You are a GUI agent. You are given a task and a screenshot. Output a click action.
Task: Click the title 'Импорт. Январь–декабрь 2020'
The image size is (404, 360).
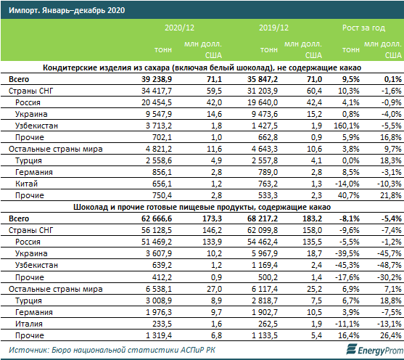[x=67, y=10]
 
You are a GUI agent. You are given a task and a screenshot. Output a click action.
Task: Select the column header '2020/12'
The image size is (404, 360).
[x=179, y=28]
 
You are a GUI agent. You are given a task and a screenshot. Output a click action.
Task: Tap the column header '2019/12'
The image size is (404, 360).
[x=273, y=28]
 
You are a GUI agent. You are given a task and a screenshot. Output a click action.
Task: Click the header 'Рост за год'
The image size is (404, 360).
[x=363, y=28]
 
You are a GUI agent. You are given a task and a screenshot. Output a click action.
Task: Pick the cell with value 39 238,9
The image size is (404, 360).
[x=157, y=79]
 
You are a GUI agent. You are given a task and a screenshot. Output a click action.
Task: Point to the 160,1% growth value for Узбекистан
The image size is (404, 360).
[x=346, y=126]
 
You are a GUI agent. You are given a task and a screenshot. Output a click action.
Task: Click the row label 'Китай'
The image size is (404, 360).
[x=26, y=184]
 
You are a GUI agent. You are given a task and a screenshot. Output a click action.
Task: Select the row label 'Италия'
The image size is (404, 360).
[x=28, y=324]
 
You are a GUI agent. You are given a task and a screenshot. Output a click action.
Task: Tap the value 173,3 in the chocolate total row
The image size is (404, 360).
[x=212, y=218]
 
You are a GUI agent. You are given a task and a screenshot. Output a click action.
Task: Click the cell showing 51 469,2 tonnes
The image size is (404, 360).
[x=157, y=242]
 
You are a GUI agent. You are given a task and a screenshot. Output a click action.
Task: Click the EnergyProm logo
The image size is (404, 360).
[x=375, y=350]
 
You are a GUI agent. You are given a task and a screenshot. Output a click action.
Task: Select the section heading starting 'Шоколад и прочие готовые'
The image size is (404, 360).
[x=202, y=207]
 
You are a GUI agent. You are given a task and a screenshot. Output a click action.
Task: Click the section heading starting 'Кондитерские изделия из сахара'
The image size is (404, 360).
[x=202, y=67]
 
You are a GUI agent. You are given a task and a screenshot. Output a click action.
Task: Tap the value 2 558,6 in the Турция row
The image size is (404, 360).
[x=158, y=160]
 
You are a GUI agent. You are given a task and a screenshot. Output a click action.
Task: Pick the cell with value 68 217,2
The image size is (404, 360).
[x=263, y=218]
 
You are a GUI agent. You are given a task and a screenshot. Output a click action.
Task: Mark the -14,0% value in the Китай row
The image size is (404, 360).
[x=347, y=184]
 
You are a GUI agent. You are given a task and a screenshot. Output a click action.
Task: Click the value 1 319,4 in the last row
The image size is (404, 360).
[x=158, y=335]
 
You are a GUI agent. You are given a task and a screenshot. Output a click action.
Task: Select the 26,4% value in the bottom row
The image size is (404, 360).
[x=391, y=335]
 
